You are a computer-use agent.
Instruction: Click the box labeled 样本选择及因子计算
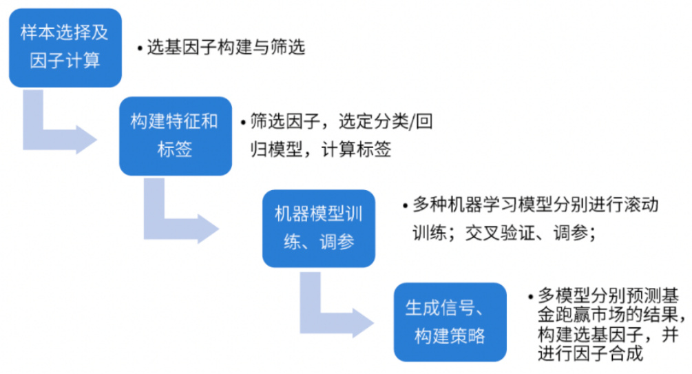pyautogui.click(x=65, y=47)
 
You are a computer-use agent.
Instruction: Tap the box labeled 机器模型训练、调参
pyautogui.click(x=319, y=228)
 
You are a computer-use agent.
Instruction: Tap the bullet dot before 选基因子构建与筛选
pyautogui.click(x=140, y=49)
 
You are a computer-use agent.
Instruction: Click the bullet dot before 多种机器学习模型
pyautogui.click(x=405, y=206)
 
